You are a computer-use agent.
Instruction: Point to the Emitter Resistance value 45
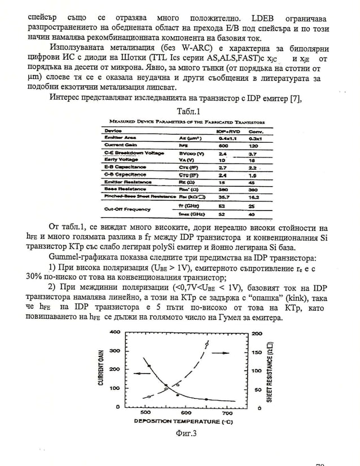[253, 182]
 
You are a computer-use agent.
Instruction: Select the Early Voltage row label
[119, 160]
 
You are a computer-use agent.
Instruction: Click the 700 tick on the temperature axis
[227, 413]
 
